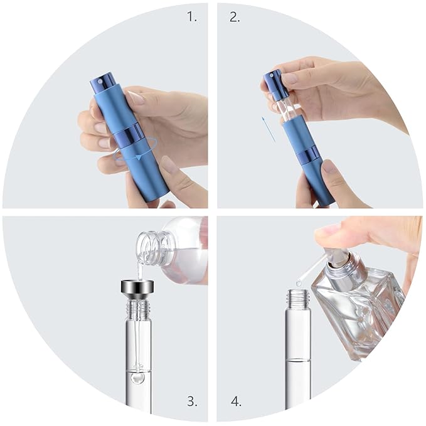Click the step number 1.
tap(191, 17)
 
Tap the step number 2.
tap(234, 17)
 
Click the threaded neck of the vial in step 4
tap(297, 297)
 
